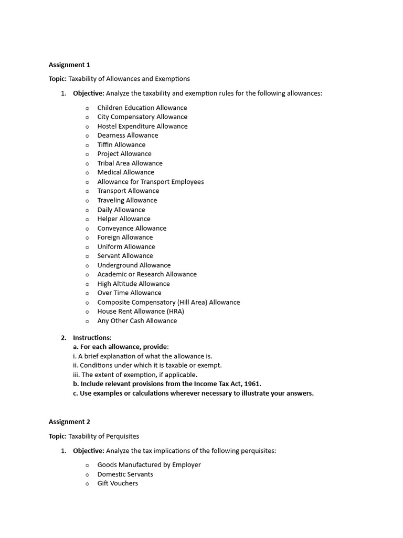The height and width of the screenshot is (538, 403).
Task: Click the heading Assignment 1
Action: [69, 65]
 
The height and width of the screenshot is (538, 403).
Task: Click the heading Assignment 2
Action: [69, 421]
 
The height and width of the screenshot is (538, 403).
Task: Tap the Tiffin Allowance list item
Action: [121, 144]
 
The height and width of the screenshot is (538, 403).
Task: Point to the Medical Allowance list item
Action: [125, 172]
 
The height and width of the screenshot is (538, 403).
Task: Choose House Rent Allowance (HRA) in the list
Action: [141, 311]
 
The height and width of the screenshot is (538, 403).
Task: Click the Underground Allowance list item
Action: [134, 265]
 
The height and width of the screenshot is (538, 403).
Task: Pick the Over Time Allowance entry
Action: [129, 293]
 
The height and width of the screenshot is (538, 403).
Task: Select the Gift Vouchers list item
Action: [118, 483]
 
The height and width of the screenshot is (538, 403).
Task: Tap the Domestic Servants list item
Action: [125, 474]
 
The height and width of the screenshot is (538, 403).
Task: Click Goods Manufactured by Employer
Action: [149, 464]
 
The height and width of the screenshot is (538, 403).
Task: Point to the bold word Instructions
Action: [92, 338]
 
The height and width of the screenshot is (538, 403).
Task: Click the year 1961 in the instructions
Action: [251, 384]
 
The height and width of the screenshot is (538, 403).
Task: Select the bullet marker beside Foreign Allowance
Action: [88, 238]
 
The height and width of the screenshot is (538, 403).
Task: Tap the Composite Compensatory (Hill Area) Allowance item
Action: [168, 302]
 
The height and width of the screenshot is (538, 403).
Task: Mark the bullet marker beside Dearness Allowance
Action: [88, 136]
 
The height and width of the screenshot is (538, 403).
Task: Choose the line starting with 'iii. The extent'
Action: [135, 375]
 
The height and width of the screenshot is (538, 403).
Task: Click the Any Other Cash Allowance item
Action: [137, 320]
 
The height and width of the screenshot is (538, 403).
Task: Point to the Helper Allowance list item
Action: [124, 219]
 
